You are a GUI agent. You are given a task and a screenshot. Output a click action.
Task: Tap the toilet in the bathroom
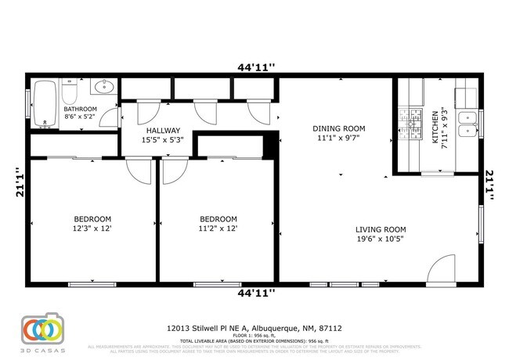click(69, 94)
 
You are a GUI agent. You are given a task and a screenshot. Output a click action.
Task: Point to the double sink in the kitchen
click(468, 126)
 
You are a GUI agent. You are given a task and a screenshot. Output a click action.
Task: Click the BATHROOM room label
click(80, 110)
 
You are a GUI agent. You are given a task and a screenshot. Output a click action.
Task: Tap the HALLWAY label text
click(162, 131)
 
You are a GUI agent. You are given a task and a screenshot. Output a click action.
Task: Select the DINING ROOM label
click(338, 129)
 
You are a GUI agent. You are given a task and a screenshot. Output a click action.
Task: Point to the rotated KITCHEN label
click(435, 125)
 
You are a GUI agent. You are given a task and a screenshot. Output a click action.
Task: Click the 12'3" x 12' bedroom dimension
click(92, 229)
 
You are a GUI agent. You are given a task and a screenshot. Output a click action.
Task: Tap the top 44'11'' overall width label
click(256, 67)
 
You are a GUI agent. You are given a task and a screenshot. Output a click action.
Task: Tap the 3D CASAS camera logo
click(42, 329)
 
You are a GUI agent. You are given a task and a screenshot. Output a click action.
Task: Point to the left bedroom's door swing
click(139, 170)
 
